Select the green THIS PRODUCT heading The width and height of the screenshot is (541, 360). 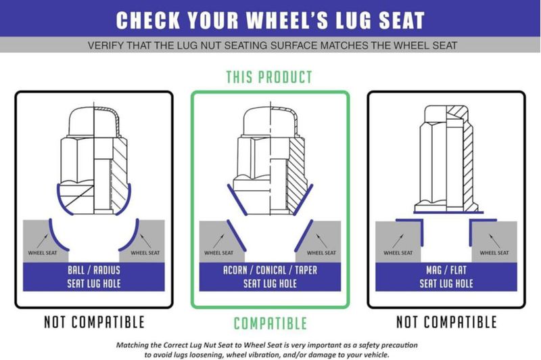pos(269,77)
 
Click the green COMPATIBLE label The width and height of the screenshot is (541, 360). pos(270,323)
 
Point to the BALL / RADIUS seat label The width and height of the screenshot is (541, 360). pos(94,277)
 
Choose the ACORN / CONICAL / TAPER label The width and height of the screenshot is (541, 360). pos(270,277)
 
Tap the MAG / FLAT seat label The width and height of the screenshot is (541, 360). pos(446,277)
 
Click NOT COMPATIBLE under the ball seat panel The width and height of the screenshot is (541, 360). pos(94,322)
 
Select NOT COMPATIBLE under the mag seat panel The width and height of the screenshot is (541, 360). pos(446,322)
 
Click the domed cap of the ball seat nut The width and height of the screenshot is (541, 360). pos(94,122)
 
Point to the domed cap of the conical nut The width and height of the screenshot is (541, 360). pos(270,122)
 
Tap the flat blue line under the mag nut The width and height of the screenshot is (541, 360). pos(448,212)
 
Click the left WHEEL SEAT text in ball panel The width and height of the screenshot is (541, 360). pos(43,252)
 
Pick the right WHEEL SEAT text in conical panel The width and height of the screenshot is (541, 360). pos(321,252)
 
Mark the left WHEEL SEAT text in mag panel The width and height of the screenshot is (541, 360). pos(398,252)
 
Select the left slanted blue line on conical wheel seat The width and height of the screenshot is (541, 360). pos(236,235)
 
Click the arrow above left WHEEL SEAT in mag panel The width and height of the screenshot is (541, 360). pos(398,241)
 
